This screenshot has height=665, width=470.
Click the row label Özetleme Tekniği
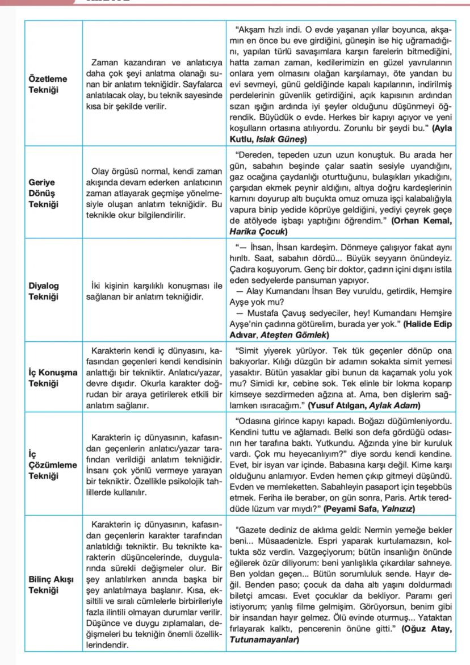(x=48, y=84)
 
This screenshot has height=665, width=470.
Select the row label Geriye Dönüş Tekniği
(x=45, y=193)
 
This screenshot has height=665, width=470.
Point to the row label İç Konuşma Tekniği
(x=53, y=378)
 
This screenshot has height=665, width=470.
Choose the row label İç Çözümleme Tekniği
(x=52, y=465)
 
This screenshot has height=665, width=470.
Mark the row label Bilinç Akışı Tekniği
(x=51, y=585)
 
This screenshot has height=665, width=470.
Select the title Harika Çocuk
(x=258, y=231)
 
